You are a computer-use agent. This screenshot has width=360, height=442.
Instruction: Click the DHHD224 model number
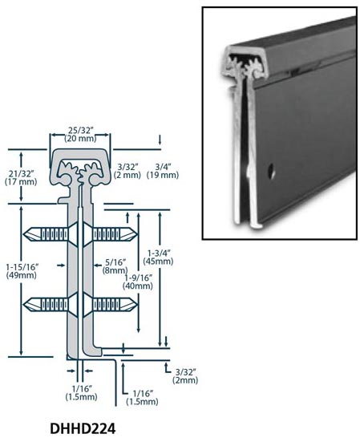83,429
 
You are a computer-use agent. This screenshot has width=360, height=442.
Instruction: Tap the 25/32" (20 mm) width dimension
80,135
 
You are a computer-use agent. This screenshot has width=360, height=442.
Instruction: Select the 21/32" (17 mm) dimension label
21,177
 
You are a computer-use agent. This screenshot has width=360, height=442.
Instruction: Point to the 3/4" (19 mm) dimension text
163,171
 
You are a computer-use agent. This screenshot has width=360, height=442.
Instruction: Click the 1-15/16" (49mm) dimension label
22,271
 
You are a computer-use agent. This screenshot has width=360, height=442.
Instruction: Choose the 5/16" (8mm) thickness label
115,266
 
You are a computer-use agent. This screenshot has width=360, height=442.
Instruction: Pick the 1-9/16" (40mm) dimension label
138,282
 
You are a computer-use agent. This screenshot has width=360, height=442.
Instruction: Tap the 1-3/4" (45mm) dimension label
158,257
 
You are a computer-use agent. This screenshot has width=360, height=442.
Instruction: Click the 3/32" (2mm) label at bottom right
185,376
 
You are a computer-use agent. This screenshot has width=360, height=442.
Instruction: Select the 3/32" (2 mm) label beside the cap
127,171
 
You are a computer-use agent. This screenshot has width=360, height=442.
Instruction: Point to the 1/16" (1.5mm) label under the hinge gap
82,393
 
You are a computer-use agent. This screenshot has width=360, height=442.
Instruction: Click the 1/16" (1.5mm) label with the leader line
142,397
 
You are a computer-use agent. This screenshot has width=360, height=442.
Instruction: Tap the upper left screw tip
24,234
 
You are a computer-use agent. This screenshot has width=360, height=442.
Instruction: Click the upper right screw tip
137,234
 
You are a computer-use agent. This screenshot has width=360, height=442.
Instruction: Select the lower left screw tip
24,305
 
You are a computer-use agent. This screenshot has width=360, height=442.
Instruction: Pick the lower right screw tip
137,305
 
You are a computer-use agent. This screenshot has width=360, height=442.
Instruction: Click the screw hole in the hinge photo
272,171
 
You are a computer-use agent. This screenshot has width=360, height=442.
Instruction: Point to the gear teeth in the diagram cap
80,172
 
